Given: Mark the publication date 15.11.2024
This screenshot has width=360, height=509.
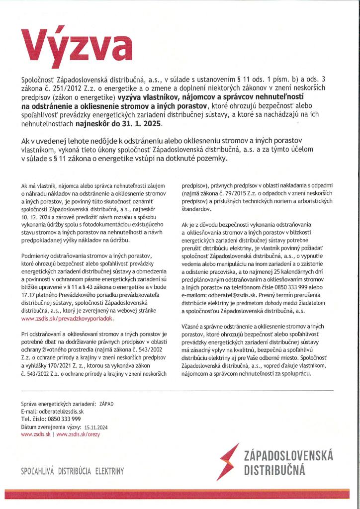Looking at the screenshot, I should (x=96, y=426).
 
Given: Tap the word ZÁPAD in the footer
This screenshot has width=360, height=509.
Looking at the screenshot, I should (x=106, y=404).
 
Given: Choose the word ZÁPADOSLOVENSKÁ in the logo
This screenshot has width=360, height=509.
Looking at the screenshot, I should (x=288, y=455).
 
